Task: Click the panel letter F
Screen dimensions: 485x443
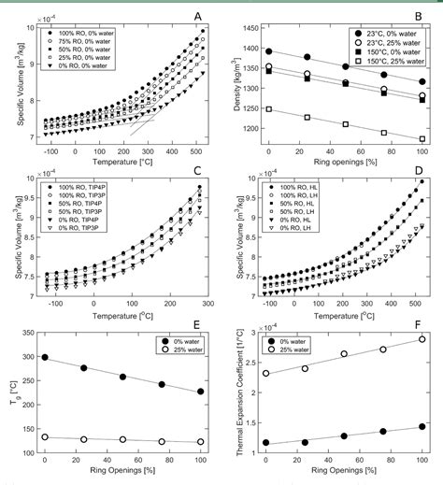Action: click(420, 328)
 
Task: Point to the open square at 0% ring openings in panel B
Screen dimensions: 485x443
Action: click(269, 109)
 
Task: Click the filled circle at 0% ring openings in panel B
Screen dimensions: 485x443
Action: click(269, 51)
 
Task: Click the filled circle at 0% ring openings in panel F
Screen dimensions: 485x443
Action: click(268, 443)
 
